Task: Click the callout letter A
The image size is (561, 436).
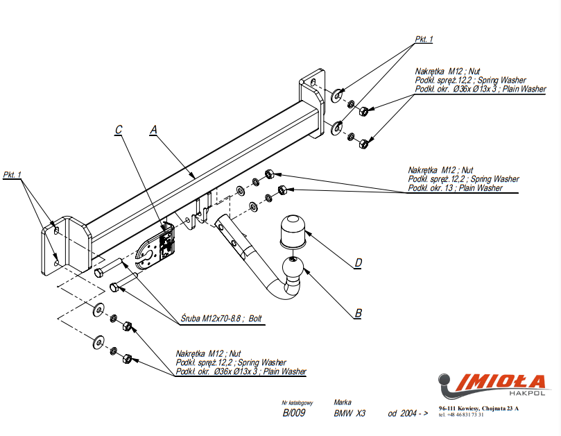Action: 154,129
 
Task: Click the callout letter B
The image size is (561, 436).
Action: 358,313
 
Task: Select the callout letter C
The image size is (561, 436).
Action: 119,129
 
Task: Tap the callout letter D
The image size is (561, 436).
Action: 358,262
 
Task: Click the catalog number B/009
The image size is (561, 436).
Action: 293,414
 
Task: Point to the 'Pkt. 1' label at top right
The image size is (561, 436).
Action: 424,40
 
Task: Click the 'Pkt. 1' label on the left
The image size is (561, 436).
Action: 12,174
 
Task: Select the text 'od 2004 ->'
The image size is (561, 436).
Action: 408,414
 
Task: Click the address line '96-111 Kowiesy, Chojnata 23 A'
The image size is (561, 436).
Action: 478,409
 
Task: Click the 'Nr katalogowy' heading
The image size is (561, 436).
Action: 297,403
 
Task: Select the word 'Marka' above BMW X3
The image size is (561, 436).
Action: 343,402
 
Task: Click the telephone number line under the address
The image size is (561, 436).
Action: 462,415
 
